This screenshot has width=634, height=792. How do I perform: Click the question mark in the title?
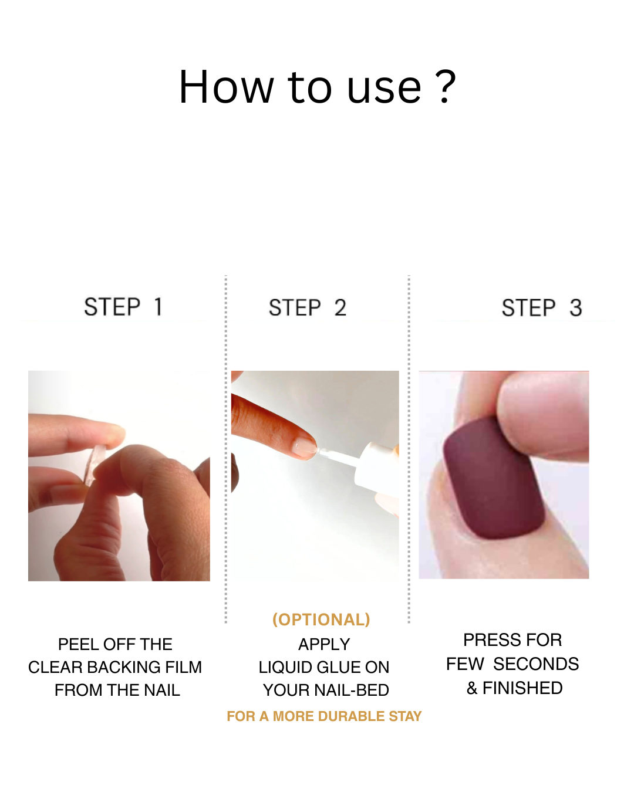point(446,86)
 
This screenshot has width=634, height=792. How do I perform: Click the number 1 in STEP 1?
point(158,307)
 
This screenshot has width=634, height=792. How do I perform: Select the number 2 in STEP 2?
point(340,307)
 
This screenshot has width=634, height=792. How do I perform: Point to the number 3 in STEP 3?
point(575,307)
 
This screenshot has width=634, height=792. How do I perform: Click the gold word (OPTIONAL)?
point(321,620)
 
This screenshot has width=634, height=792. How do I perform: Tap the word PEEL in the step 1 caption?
point(78,644)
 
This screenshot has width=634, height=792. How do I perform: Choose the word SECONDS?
point(536,664)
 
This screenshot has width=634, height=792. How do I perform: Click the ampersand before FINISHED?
point(472,688)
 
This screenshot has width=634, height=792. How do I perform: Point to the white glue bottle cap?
point(376,468)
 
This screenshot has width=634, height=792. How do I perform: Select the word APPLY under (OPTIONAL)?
point(324,644)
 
